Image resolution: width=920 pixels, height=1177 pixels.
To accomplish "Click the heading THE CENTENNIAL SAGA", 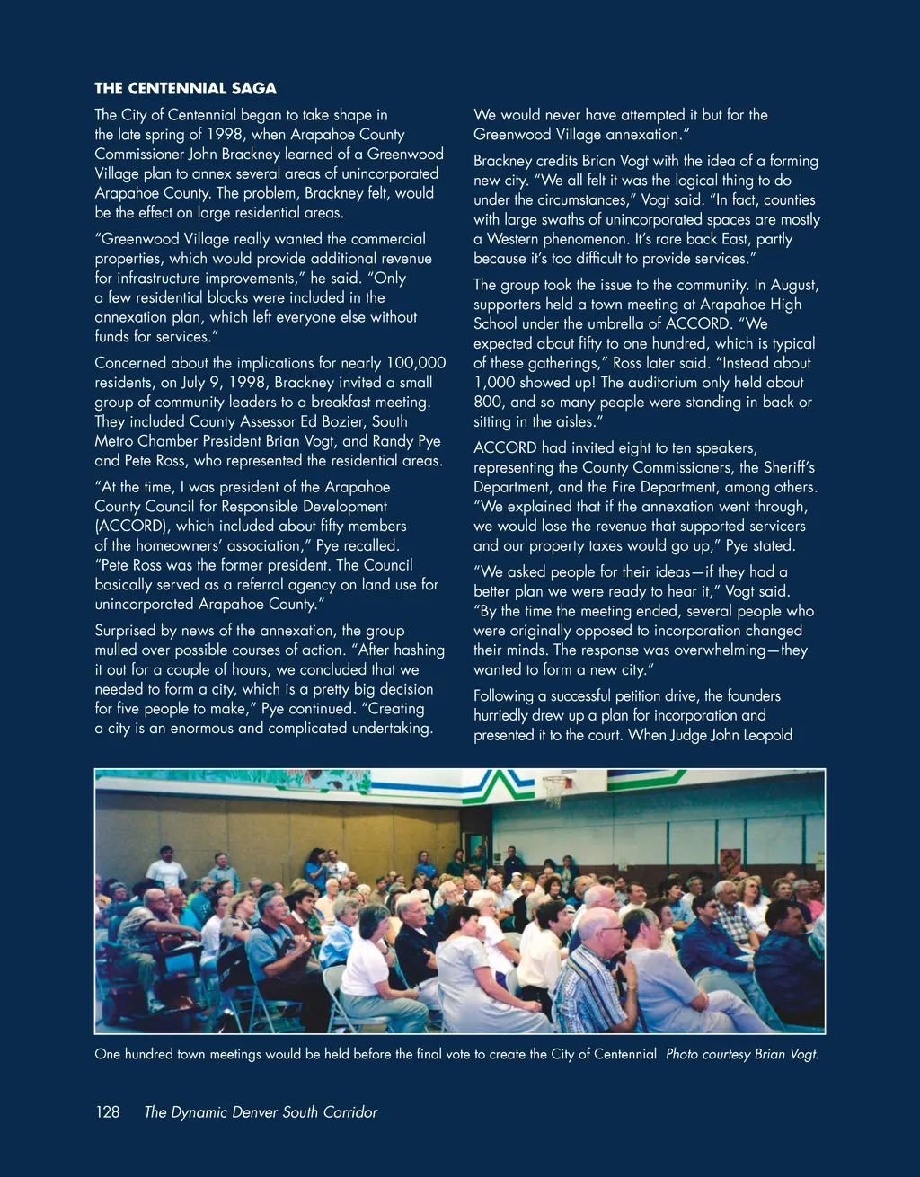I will click(185, 88).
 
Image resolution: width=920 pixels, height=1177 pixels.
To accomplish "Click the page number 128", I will click(107, 1112).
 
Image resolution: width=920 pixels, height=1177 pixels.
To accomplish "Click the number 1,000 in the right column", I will click(494, 383).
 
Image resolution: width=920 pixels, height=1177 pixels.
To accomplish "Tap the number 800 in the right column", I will click(490, 403).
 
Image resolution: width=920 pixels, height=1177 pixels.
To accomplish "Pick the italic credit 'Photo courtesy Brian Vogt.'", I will click(742, 1054).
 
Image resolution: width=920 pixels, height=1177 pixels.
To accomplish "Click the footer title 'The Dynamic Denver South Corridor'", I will click(261, 1112).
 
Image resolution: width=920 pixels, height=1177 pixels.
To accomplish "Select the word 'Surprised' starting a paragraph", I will click(127, 631).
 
